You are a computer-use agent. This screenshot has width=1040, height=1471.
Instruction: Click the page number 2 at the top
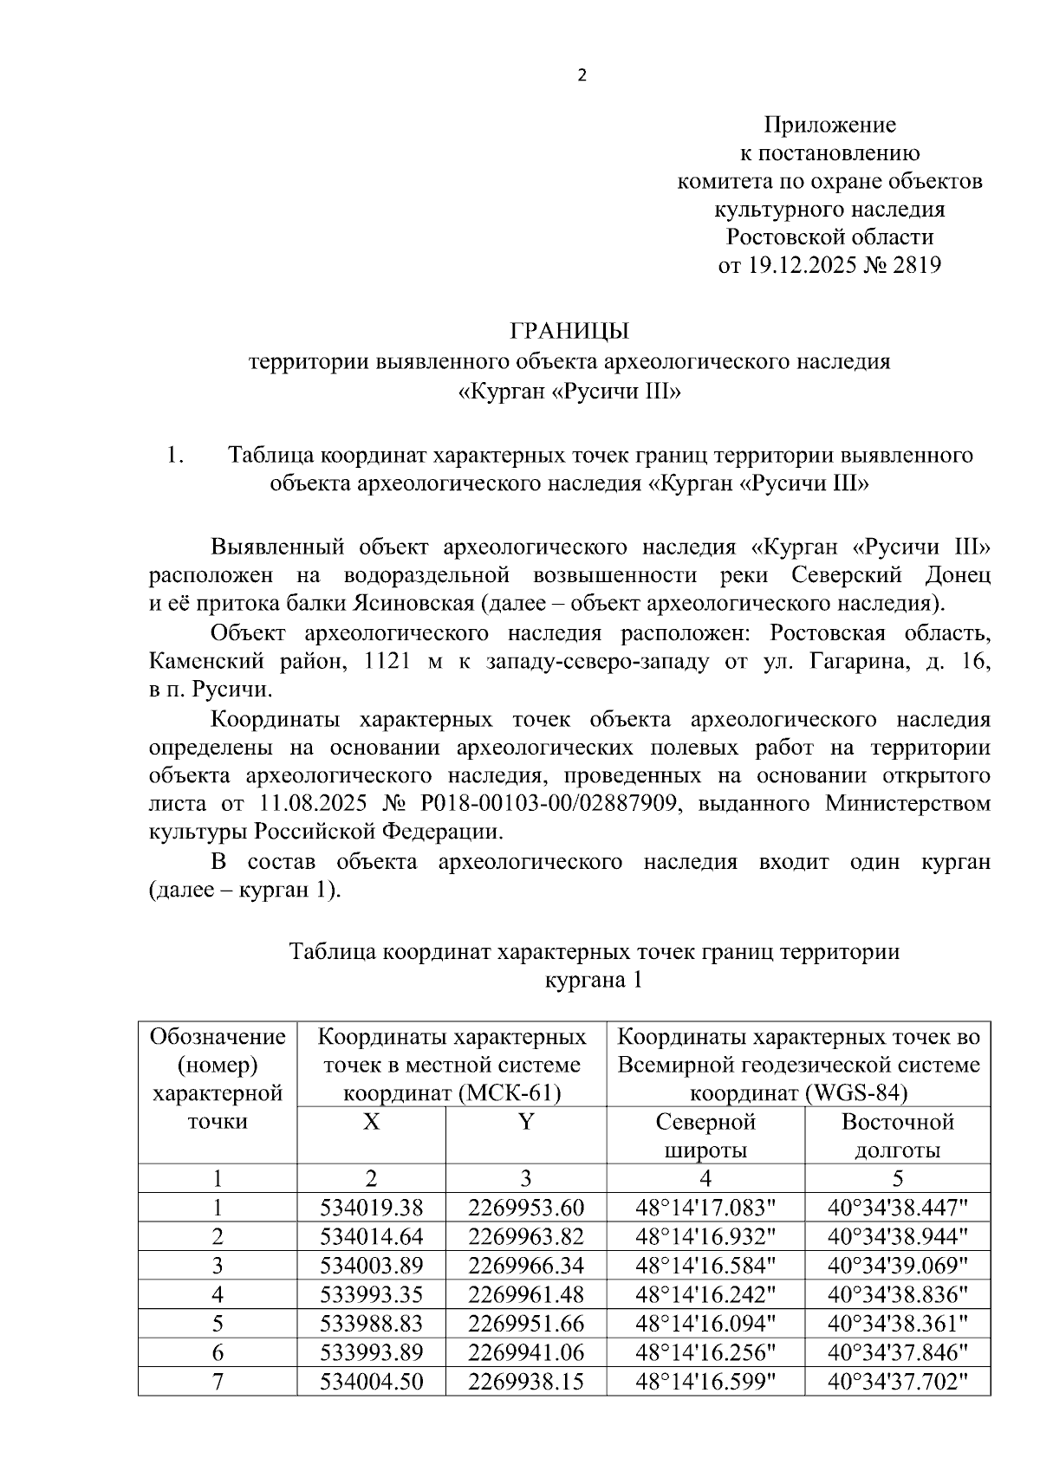pos(582,76)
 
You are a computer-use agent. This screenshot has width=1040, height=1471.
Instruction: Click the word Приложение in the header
pos(829,126)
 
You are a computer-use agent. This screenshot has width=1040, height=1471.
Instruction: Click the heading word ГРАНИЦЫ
pos(569,331)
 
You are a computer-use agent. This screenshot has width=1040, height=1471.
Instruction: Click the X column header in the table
pos(371,1123)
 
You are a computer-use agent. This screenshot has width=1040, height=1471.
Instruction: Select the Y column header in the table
pos(525,1123)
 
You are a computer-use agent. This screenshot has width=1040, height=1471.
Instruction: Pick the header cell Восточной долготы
pos(897,1136)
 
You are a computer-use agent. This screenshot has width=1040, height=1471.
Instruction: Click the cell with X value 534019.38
pos(371,1208)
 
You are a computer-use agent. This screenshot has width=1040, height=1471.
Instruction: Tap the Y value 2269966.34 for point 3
pos(525,1266)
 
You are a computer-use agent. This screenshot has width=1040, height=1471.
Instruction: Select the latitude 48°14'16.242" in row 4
pos(705,1295)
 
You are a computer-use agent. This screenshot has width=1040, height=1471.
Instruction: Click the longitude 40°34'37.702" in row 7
pos(897,1382)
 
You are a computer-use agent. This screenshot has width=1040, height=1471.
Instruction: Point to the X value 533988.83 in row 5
pos(371,1324)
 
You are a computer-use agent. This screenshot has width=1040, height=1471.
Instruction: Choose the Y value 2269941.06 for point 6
pos(525,1353)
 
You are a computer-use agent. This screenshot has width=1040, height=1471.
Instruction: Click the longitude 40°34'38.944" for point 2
pos(897,1236)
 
